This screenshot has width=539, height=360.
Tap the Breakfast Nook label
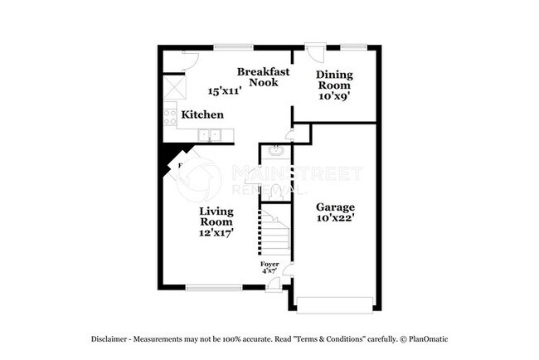click(x=264, y=76)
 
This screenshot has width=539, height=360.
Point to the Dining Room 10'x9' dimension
click(x=334, y=95)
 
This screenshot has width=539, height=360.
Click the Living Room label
click(x=216, y=216)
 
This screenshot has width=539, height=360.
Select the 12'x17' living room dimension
click(x=216, y=233)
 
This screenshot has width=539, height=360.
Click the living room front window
click(x=208, y=288)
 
